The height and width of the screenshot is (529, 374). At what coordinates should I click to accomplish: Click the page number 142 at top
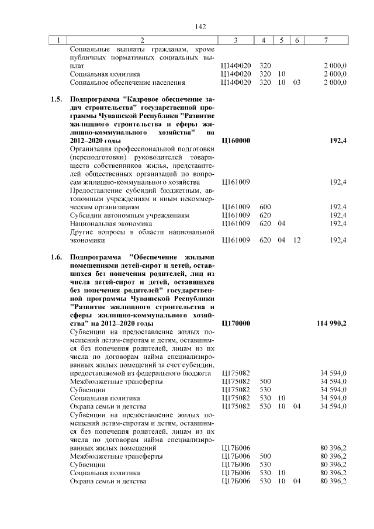click(201, 27)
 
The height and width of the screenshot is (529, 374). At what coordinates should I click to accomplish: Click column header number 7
click(325, 40)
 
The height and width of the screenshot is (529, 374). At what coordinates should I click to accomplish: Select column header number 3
click(235, 40)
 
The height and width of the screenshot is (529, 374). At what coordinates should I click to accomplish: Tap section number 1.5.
click(56, 100)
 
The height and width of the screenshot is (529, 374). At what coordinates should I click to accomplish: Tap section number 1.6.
click(56, 257)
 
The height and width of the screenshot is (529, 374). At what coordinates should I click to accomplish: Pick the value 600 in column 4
click(265, 207)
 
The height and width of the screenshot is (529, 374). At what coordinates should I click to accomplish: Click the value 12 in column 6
click(297, 240)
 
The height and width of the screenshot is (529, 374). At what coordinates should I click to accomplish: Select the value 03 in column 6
click(297, 83)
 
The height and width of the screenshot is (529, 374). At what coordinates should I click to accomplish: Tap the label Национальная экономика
click(111, 223)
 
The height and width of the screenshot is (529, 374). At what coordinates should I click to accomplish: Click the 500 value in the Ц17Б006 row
click(265, 456)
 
